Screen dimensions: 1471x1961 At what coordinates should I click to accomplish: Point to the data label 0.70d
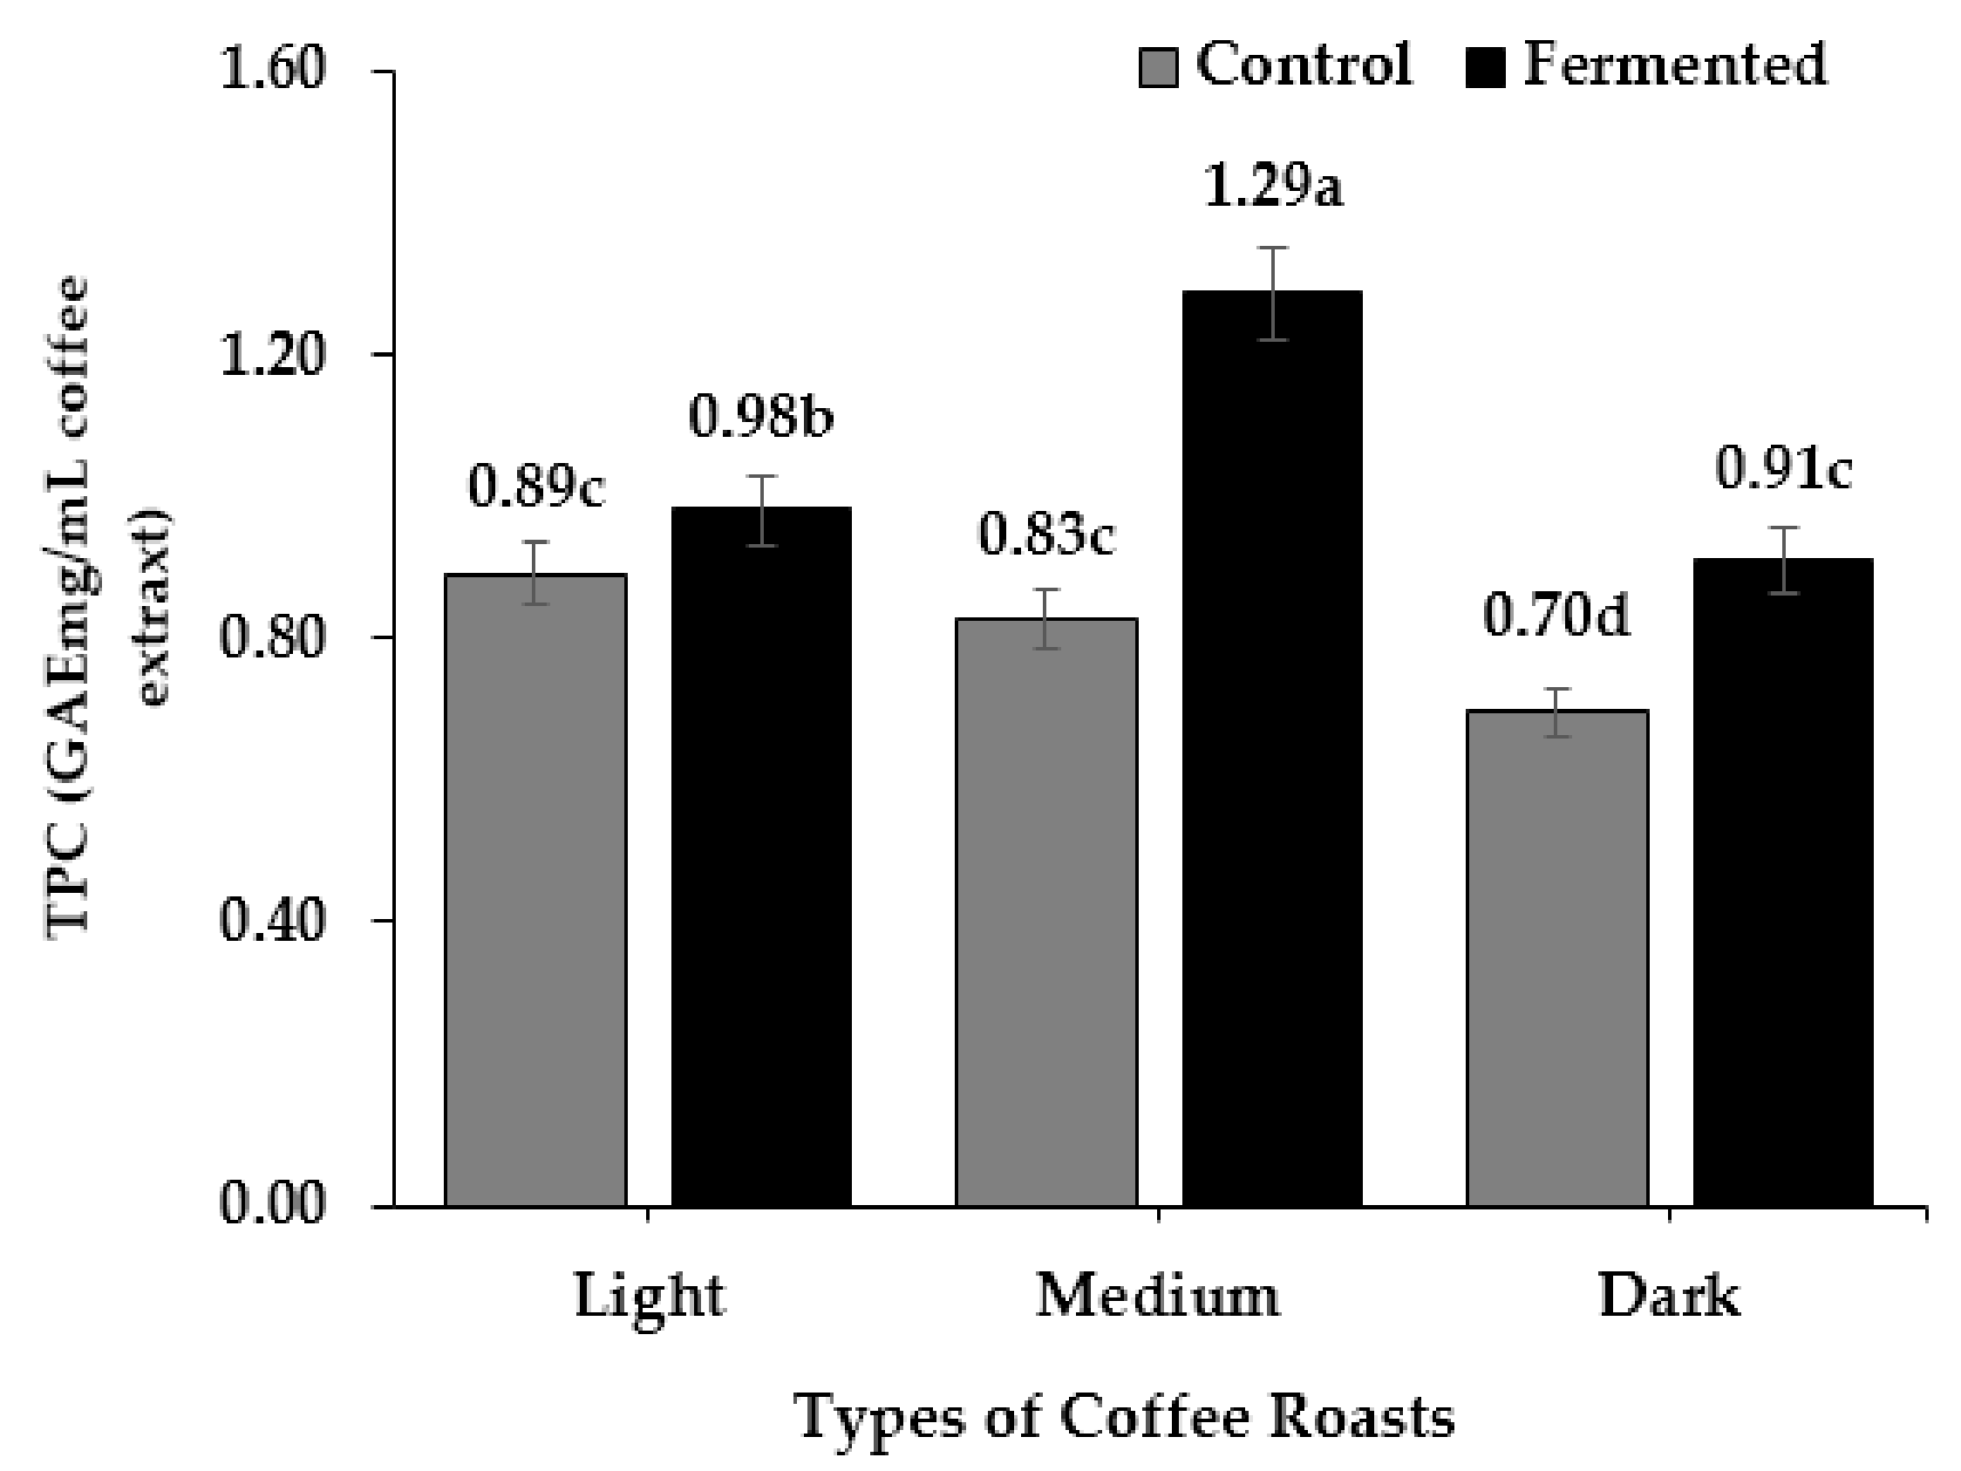pos(1556,617)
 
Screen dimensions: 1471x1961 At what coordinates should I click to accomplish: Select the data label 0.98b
pos(761,417)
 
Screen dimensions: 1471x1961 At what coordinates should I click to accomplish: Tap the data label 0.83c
pos(1046,536)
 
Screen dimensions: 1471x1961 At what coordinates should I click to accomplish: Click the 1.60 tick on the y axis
pos(272,71)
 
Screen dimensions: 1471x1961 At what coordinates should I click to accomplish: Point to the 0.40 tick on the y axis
pos(272,922)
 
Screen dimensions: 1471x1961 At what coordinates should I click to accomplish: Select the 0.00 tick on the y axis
pos(272,1205)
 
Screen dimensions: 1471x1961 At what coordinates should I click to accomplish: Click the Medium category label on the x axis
pos(1158,1297)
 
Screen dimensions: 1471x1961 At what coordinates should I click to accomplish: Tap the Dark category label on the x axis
pos(1668,1297)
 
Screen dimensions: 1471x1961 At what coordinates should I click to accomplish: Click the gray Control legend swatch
pos(1158,68)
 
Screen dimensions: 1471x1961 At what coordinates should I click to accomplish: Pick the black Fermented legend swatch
pos(1485,68)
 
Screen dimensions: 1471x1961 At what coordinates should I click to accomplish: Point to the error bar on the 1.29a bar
pos(1273,294)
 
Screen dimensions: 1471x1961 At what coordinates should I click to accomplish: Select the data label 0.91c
pos(1783,470)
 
